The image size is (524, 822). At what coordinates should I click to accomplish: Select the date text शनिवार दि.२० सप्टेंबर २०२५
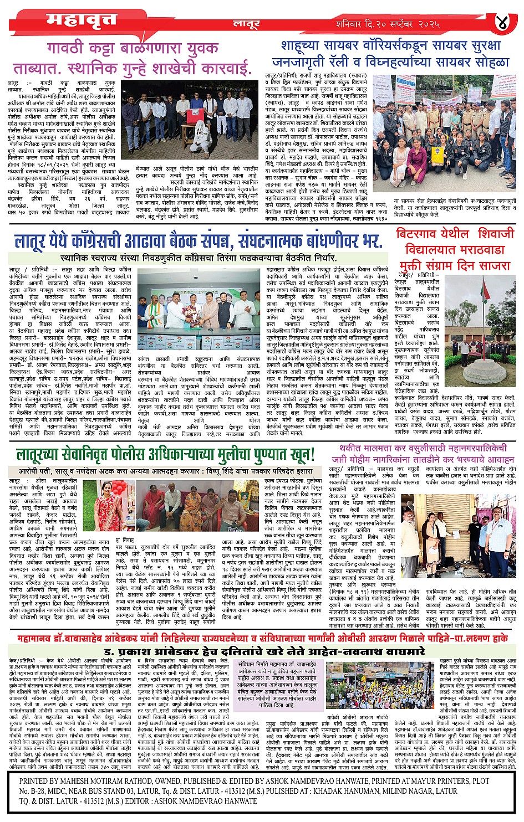pyautogui.click(x=388, y=24)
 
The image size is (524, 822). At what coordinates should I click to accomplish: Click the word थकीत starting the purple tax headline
pyautogui.click(x=351, y=447)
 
